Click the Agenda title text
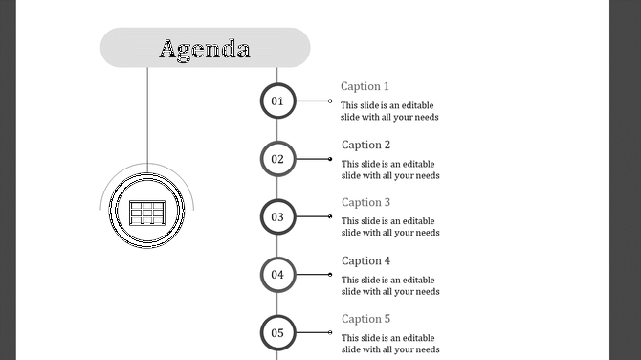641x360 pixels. click(205, 49)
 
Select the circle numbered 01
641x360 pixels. click(277, 101)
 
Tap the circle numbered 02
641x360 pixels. click(277, 159)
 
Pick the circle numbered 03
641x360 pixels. click(277, 216)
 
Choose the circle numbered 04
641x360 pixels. click(277, 275)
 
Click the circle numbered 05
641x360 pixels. click(277, 333)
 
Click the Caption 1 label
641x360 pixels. click(365, 86)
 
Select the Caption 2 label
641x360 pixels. click(366, 145)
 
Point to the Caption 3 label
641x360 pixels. click(366, 202)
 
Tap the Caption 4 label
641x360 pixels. click(366, 260)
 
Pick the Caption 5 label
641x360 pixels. click(366, 319)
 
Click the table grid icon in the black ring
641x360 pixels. click(146, 212)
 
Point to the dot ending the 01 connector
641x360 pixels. click(330, 101)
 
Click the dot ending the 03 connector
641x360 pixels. click(330, 216)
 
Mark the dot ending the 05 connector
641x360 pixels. click(330, 333)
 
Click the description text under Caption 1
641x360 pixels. click(390, 111)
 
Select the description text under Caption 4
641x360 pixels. click(390, 285)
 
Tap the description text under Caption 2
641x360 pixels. click(390, 169)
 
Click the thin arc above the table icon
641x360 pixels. click(146, 166)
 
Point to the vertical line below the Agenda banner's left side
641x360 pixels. click(147, 115)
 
